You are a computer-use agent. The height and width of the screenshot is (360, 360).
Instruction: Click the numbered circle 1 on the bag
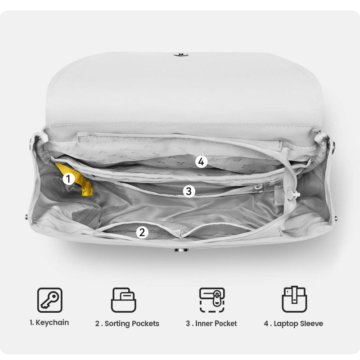coord(68,179)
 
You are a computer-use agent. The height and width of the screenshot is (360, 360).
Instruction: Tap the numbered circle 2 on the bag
coord(142,232)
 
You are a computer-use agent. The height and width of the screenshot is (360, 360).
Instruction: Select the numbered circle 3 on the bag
coord(189,191)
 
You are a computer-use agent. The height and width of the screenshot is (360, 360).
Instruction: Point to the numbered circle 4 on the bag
coord(201,162)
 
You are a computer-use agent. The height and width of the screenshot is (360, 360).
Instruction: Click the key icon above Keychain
coord(50,300)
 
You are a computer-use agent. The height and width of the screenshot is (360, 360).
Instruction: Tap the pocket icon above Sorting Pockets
coord(123,300)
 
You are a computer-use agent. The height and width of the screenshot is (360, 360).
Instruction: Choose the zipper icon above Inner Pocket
coord(212,300)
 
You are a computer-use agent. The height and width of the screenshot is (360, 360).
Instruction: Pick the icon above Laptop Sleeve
coord(294,299)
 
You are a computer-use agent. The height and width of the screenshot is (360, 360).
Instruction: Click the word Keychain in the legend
coord(52,323)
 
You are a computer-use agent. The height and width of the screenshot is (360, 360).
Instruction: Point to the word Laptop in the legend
coord(283,324)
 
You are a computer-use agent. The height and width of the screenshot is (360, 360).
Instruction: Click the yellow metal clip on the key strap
coord(87,189)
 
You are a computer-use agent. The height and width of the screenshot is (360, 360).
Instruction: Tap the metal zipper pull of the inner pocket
coord(260,187)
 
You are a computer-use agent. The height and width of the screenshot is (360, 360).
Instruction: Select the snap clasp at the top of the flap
coord(181,55)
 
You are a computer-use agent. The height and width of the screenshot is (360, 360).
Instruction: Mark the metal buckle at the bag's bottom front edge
coord(181,250)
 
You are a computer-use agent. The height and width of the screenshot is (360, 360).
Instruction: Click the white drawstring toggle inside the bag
coord(292,194)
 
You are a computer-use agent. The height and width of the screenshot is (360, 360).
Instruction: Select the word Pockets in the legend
coord(145,324)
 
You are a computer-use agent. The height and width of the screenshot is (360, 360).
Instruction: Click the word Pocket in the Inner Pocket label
coord(226,324)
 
